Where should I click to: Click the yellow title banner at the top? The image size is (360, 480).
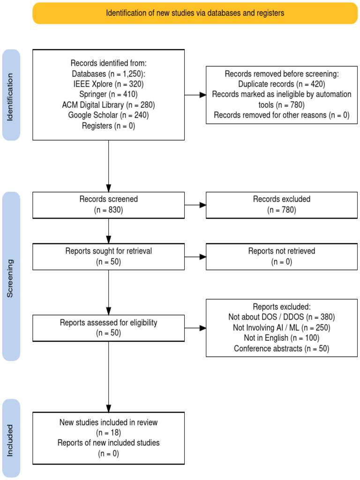195,13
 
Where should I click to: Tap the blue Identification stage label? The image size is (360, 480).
11,95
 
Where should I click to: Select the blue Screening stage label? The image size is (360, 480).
11,277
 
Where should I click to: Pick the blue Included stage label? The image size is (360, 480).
11,438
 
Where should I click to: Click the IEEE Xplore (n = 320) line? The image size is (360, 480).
108,84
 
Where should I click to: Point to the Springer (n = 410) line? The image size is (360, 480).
108,94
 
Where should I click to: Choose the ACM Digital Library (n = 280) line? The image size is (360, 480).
108,105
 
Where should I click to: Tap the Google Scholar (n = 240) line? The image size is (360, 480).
108,115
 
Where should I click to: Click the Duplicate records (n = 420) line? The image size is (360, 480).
282,84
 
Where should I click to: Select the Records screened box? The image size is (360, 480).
108,205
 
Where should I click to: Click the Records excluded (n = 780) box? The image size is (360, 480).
282,205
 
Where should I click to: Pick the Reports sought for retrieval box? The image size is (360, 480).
108,257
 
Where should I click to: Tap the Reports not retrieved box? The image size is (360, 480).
282,257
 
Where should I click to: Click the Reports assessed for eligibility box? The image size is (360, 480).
108,328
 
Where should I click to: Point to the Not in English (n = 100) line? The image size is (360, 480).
282,338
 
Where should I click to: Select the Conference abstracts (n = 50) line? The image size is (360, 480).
282,349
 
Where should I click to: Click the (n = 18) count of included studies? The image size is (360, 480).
108,433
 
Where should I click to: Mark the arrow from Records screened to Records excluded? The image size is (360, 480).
195,205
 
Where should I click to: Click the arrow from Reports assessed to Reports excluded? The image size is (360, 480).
195,328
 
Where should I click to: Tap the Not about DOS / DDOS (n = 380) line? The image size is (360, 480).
282,317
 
